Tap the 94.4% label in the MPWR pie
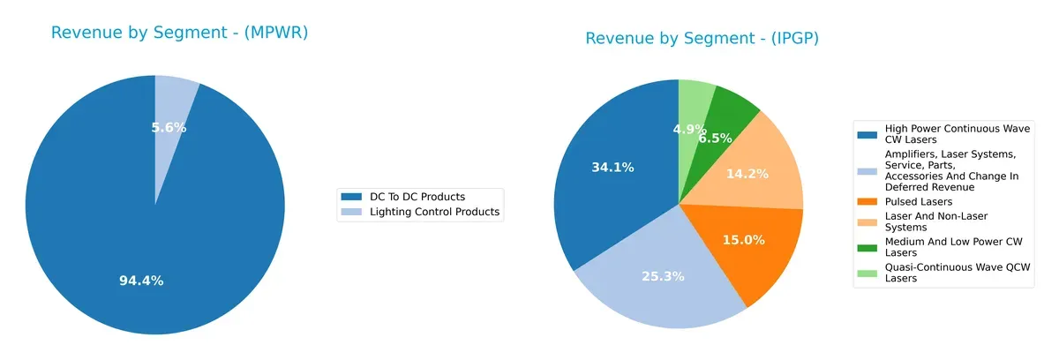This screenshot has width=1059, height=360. point(141,281)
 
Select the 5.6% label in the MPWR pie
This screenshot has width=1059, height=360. point(169,127)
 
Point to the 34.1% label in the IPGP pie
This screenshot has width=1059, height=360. point(612,167)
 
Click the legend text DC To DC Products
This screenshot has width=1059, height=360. point(417,196)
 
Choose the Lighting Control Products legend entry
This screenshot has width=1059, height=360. point(434,212)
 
